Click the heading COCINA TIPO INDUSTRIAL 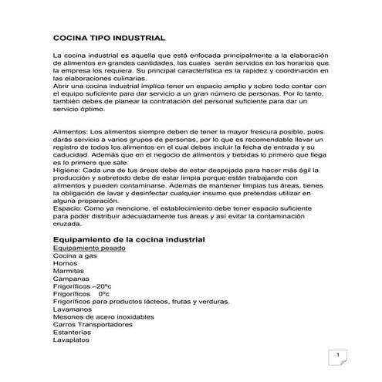coord(107,37)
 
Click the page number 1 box coord(337,357)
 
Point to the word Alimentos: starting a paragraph coord(71,133)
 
